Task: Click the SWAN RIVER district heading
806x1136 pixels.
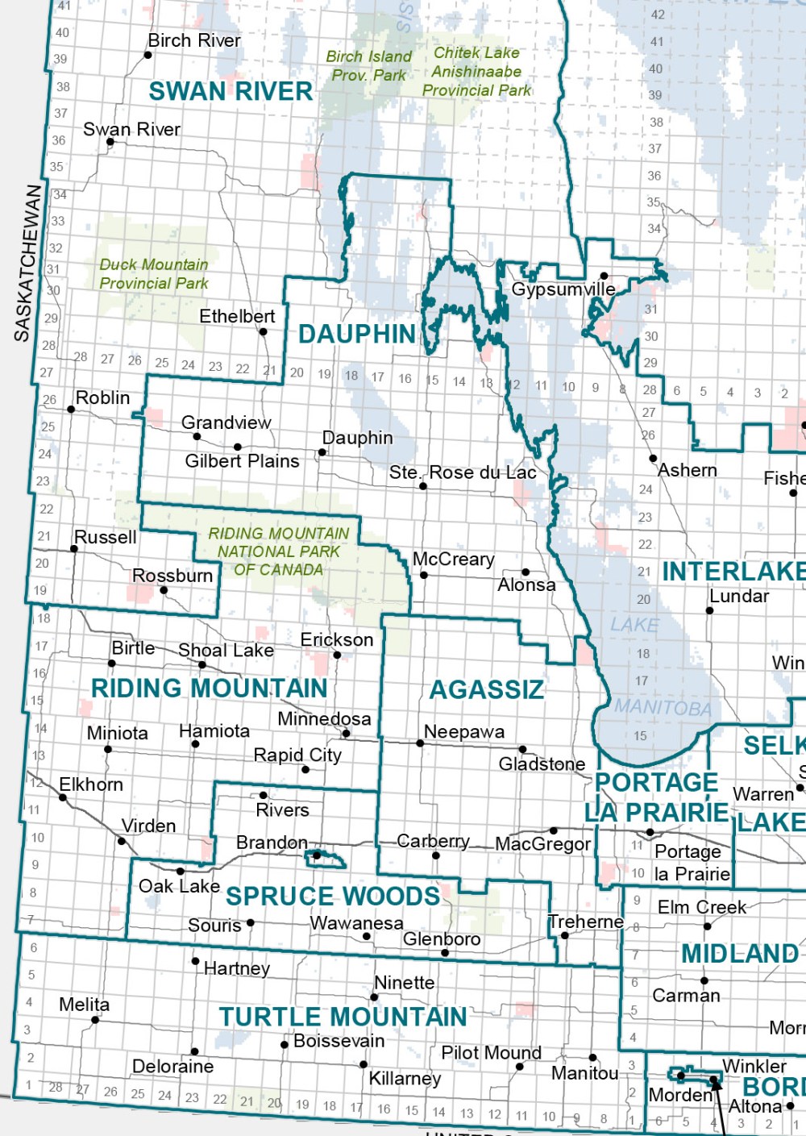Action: pos(231,91)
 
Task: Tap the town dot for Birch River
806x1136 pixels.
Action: pos(147,56)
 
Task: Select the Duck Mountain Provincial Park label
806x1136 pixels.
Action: pos(153,274)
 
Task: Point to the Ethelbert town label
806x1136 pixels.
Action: pos(237,316)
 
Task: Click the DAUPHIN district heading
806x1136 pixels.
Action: pos(357,334)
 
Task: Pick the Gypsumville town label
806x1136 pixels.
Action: pos(563,289)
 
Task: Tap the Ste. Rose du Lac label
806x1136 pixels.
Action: pos(463,472)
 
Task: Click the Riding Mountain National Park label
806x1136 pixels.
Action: pos(278,551)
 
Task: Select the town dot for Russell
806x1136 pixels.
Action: pos(74,549)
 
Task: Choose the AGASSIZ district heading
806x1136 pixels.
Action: pos(487,689)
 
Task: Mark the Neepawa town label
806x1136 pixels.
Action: pos(464,731)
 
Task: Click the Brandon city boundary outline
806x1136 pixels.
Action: pos(326,859)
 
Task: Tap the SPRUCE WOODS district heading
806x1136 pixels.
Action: pos(333,896)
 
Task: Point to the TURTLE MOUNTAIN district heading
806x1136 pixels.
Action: pos(343,1017)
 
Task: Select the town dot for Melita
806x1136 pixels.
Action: pos(95,1020)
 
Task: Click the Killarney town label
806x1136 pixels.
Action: pos(405,1078)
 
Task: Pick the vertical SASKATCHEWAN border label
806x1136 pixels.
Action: pos(27,263)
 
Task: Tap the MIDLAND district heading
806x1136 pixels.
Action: pos(739,953)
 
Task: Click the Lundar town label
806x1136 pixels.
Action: pos(738,596)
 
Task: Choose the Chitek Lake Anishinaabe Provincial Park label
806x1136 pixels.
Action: pos(476,71)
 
